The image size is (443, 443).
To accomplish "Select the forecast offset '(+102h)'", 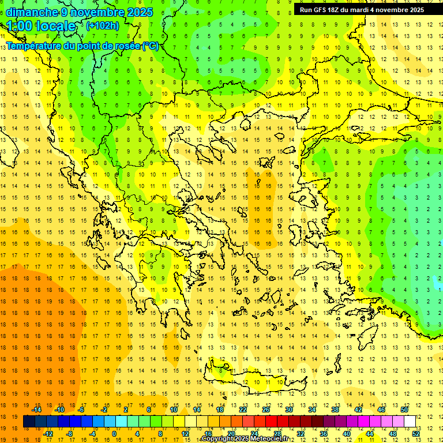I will tap(102, 25).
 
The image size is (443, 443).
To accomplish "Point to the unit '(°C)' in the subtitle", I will tap(151, 46).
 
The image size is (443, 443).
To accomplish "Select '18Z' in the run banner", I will tap(333, 10).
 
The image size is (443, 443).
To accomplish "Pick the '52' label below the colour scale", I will tap(415, 434).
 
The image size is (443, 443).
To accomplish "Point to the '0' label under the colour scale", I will tap(114, 434).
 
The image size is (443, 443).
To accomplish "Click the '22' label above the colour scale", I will tap(243, 410).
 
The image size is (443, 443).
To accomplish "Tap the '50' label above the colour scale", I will tap(404, 410).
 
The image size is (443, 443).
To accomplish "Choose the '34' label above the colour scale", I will tap(311, 410).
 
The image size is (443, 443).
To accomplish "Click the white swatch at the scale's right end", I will tap(410, 422).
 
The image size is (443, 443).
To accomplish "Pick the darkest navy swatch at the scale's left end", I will tap(29, 422).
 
